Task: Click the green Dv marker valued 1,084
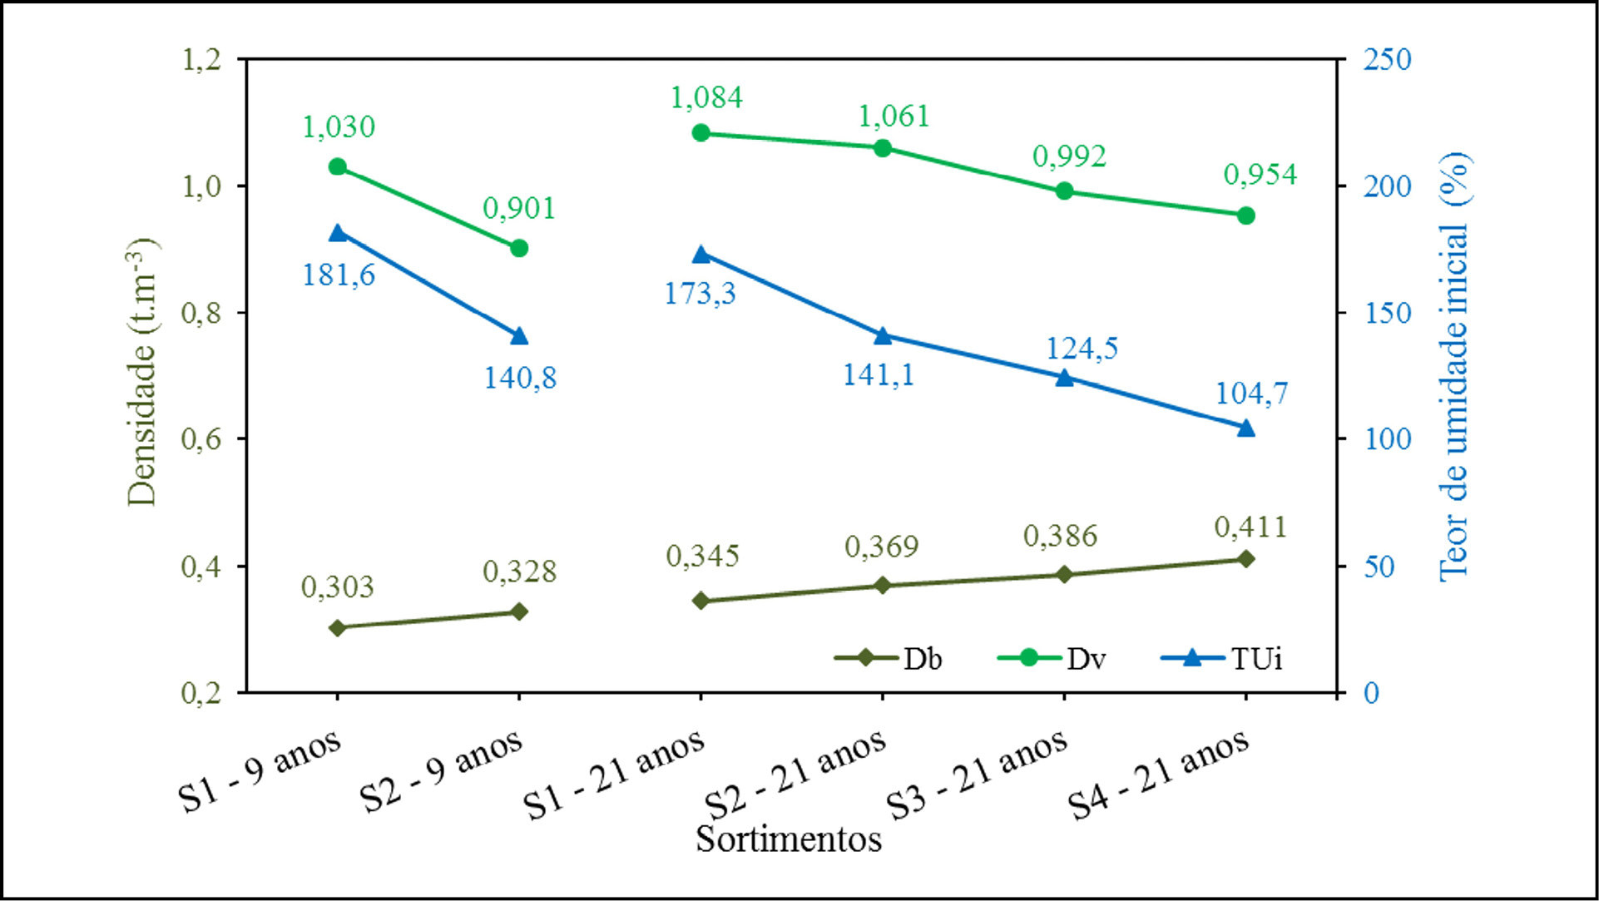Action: click(x=700, y=133)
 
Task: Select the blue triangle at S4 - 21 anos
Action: click(x=1245, y=428)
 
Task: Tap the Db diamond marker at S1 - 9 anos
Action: click(x=338, y=627)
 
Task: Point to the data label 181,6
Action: click(x=339, y=275)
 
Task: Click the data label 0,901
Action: click(x=519, y=208)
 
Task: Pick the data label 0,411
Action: click(x=1250, y=527)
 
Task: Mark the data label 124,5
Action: click(x=1082, y=348)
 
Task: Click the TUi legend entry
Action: click(x=1222, y=659)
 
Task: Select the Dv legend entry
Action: click(x=1052, y=659)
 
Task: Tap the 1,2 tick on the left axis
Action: click(x=201, y=60)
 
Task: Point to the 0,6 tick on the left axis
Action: click(x=201, y=439)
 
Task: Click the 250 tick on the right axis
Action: click(x=1387, y=60)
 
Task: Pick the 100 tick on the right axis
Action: click(x=1387, y=439)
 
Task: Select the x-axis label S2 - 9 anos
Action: click(x=442, y=771)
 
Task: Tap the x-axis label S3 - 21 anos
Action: click(x=975, y=775)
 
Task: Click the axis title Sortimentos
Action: click(x=789, y=839)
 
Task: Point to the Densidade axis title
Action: click(x=142, y=372)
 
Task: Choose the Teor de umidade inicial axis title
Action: click(x=1454, y=366)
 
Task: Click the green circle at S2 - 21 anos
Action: click(x=883, y=148)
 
